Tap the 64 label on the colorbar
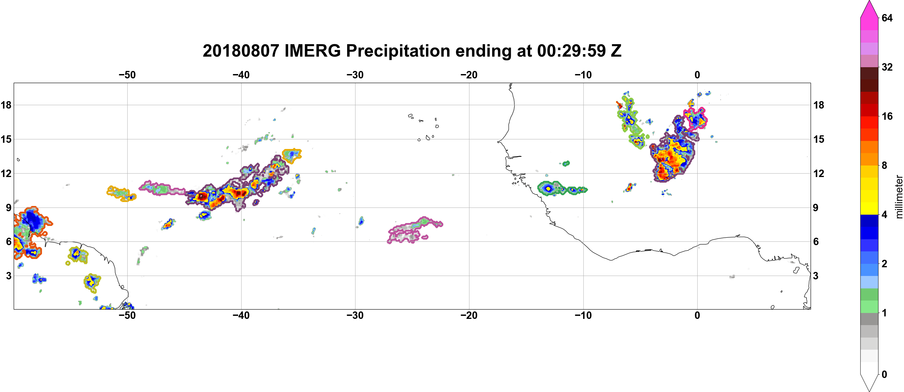(x=887, y=18)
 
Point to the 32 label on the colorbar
(x=887, y=67)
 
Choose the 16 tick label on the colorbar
(x=887, y=116)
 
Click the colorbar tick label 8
(x=884, y=165)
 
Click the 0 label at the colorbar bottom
(x=884, y=375)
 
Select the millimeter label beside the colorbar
(x=899, y=197)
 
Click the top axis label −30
(x=355, y=75)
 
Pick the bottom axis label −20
(x=469, y=315)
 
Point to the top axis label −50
(x=127, y=75)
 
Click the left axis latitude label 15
(x=6, y=139)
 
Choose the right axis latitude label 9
(x=816, y=208)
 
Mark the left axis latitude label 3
(x=8, y=276)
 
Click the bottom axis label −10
(x=583, y=315)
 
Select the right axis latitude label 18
(x=819, y=105)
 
